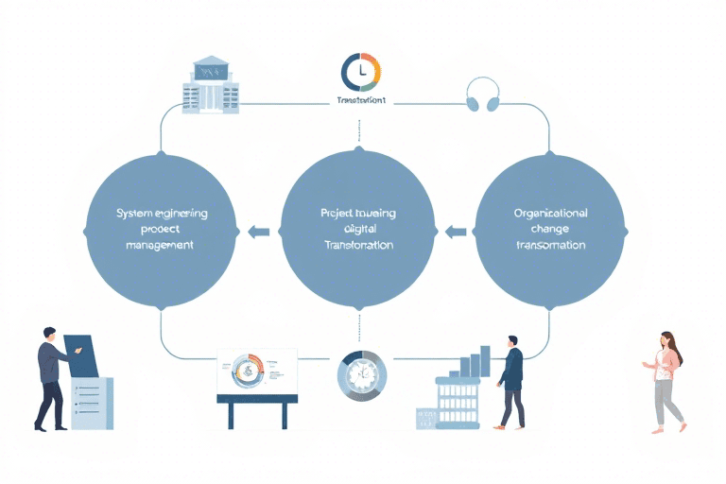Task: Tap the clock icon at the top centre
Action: (x=360, y=73)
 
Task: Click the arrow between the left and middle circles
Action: (x=258, y=231)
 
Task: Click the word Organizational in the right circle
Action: (x=550, y=213)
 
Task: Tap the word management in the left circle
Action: (x=160, y=246)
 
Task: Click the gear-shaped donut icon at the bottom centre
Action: (x=361, y=374)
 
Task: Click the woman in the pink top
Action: (x=667, y=380)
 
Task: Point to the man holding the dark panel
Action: (x=53, y=376)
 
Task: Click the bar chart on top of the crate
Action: (x=474, y=364)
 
